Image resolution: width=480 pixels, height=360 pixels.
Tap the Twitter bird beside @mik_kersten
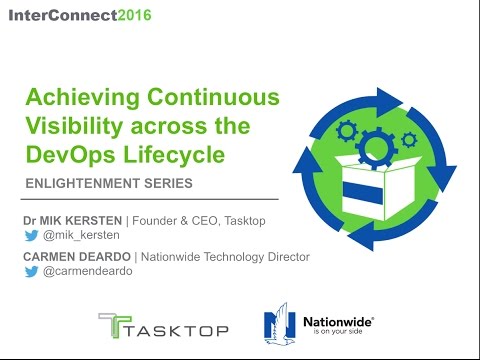click(x=32, y=236)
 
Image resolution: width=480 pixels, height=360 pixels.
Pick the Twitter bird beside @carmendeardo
click(x=32, y=272)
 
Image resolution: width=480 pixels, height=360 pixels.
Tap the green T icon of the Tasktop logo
click(x=112, y=326)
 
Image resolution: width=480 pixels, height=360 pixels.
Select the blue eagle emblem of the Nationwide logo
click(x=279, y=326)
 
